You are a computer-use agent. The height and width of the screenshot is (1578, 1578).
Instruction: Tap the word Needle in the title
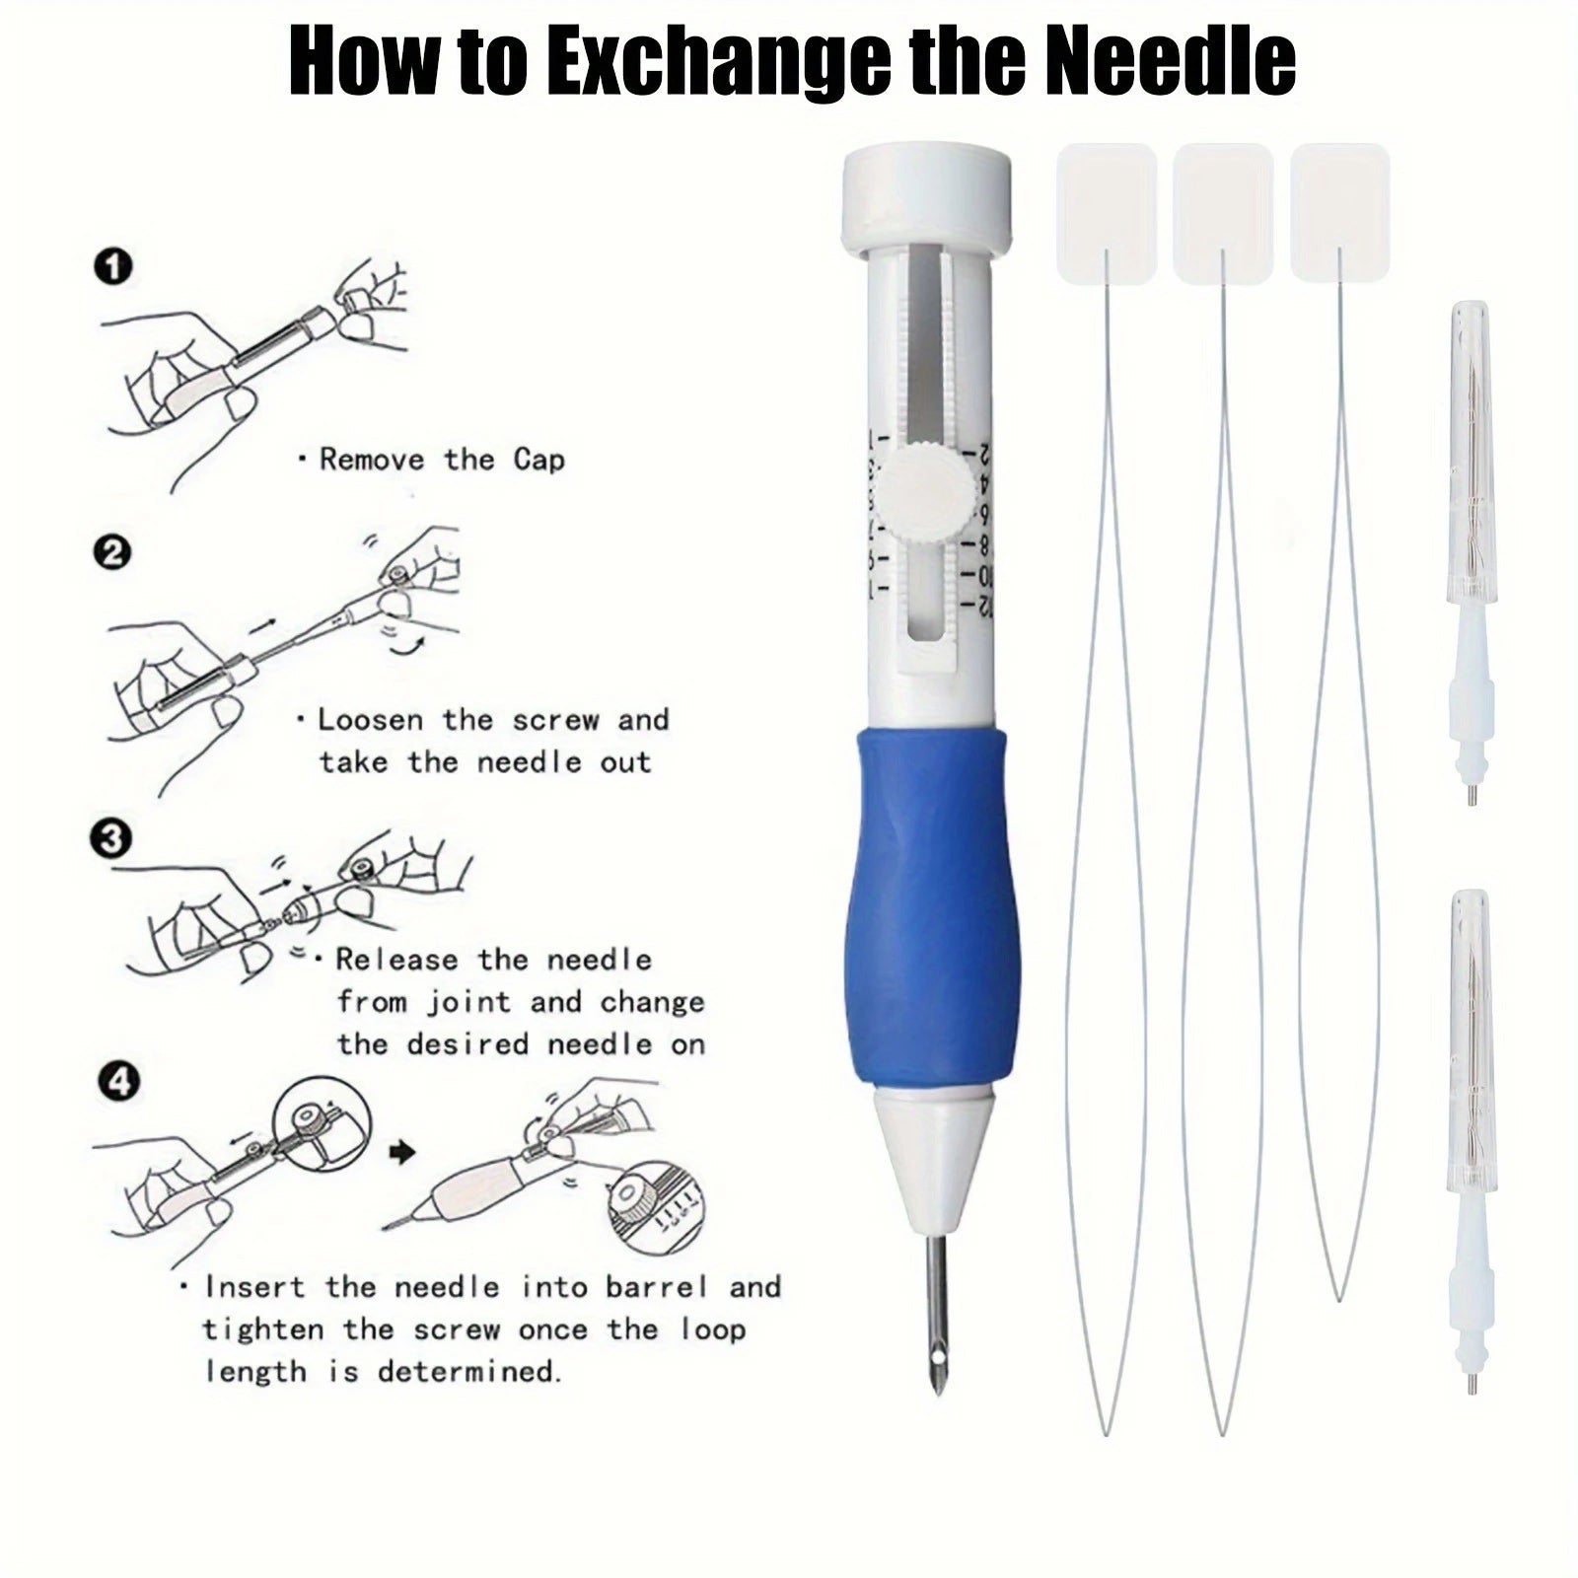tap(1176, 61)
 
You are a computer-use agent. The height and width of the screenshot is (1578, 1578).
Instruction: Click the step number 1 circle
tap(115, 267)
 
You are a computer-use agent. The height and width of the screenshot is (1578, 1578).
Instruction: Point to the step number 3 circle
tap(110, 839)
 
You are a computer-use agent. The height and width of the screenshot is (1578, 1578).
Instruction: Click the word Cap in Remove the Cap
tap(538, 460)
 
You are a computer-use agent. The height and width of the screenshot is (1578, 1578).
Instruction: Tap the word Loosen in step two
tap(371, 719)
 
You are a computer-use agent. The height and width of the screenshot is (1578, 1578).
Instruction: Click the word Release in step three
tap(396, 960)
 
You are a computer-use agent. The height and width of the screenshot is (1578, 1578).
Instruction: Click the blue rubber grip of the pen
tap(927, 907)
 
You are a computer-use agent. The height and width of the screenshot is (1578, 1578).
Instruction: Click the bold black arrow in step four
tap(401, 1152)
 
